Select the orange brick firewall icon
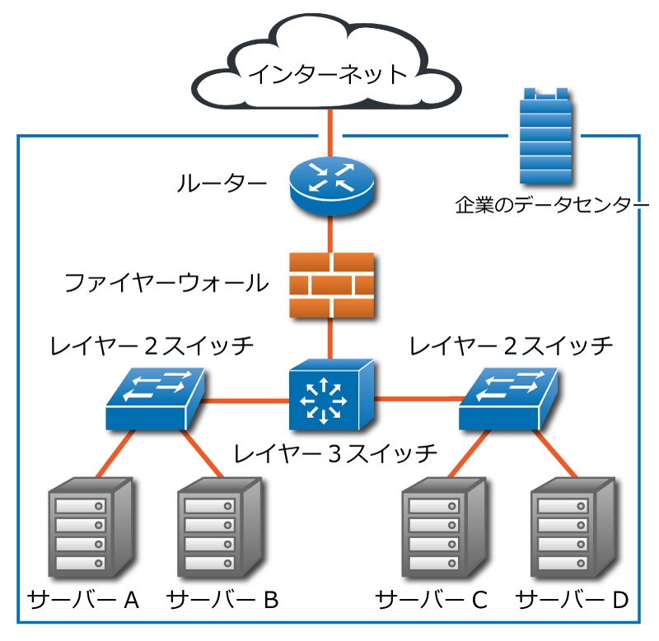coord(331,284)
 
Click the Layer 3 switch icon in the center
coord(331,397)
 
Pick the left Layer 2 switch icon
coord(156,399)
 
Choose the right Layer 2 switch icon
coord(508,399)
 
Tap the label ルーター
coord(222,183)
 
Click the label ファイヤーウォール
coord(167,284)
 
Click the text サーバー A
coord(84,600)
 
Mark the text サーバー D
coord(572,600)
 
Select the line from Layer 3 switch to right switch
coord(416,400)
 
